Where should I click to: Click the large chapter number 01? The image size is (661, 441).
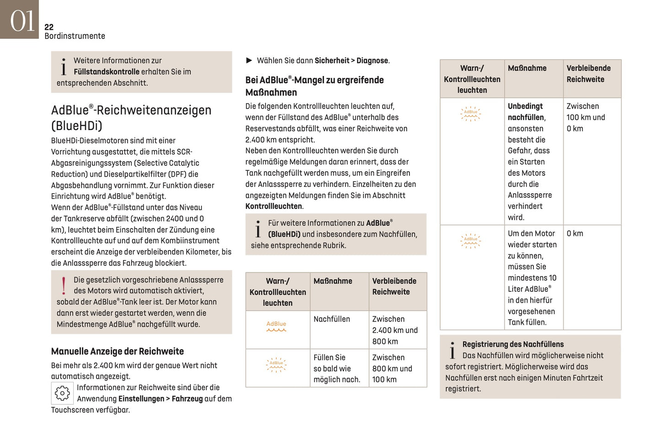coord(22,21)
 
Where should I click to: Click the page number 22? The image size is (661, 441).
coord(49,27)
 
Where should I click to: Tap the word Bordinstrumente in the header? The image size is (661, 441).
coord(75,36)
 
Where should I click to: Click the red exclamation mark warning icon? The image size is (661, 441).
coord(64,286)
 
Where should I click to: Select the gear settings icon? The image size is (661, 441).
coord(62,393)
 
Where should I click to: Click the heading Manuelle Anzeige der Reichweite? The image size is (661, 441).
coord(117,351)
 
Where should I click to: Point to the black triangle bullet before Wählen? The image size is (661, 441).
coord(249,60)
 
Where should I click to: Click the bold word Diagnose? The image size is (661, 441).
coord(372,60)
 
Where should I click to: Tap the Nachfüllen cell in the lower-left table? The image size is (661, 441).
coord(332,319)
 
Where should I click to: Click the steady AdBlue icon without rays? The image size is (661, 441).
coord(276,326)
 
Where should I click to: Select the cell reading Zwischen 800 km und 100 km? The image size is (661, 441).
coord(392,368)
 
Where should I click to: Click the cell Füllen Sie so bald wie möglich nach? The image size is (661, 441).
coord(337,368)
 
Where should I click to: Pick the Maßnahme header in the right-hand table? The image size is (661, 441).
coord(527,68)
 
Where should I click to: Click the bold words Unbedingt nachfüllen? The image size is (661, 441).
coord(526,112)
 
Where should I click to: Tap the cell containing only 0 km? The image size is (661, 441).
coord(575,234)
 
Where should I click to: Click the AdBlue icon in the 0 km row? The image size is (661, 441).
coord(471,240)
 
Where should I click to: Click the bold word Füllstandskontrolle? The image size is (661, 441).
coord(107,72)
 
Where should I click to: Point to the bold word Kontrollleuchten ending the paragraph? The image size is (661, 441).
coord(274,207)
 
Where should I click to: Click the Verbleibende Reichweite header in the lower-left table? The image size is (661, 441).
coord(394,286)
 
